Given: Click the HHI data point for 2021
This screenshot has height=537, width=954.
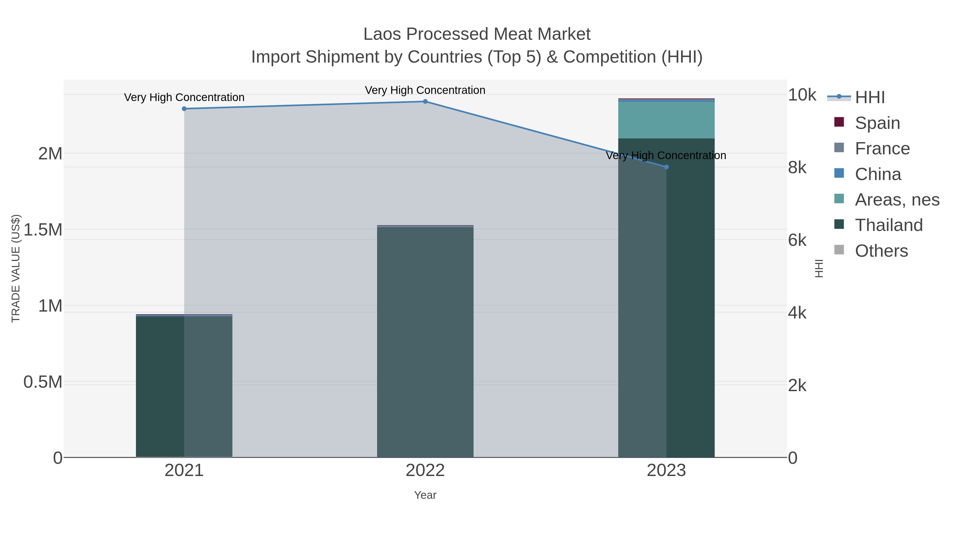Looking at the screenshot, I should pyautogui.click(x=184, y=108).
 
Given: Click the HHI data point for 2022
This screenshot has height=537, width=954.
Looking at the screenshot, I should pyautogui.click(x=425, y=102).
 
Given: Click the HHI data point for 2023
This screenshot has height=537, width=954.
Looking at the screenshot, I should pyautogui.click(x=666, y=167).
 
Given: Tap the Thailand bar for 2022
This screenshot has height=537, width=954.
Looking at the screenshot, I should pyautogui.click(x=425, y=341).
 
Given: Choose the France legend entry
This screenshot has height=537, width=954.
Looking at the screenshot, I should pyautogui.click(x=882, y=148).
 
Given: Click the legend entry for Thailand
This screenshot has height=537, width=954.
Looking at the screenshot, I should pyautogui.click(x=889, y=225).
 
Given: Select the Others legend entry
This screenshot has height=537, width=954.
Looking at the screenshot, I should pyautogui.click(x=881, y=251).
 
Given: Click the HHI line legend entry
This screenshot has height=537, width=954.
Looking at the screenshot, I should pyautogui.click(x=869, y=97).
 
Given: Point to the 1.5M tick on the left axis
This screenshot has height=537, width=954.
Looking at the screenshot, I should pyautogui.click(x=43, y=230).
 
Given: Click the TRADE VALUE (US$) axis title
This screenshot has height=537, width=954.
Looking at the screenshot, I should pyautogui.click(x=16, y=268).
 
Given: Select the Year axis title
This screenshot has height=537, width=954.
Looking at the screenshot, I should pyautogui.click(x=425, y=495).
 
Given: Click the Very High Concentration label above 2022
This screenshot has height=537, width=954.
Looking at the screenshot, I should pyautogui.click(x=425, y=90).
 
